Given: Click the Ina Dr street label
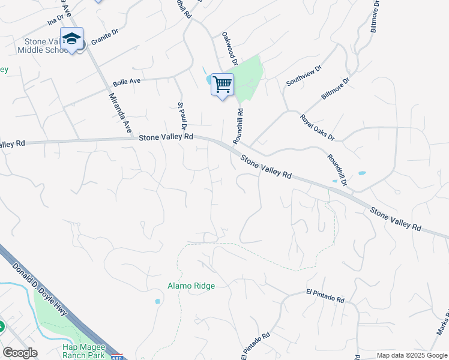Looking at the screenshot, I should tap(55, 23).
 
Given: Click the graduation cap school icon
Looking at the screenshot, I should tap(71, 38).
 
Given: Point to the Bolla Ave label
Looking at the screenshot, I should tap(127, 82).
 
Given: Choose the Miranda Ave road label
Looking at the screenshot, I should tap(120, 113).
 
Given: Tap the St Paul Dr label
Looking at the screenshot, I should tap(182, 117).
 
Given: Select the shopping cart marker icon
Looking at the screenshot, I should tap(222, 84).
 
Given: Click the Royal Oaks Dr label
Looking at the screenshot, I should tap(317, 127).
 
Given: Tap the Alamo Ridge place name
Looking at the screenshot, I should tap(191, 286).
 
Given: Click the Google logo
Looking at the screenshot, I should tap(20, 353).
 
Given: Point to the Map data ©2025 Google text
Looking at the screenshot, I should tap(411, 355).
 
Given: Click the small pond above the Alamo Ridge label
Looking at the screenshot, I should tap(157, 301).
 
